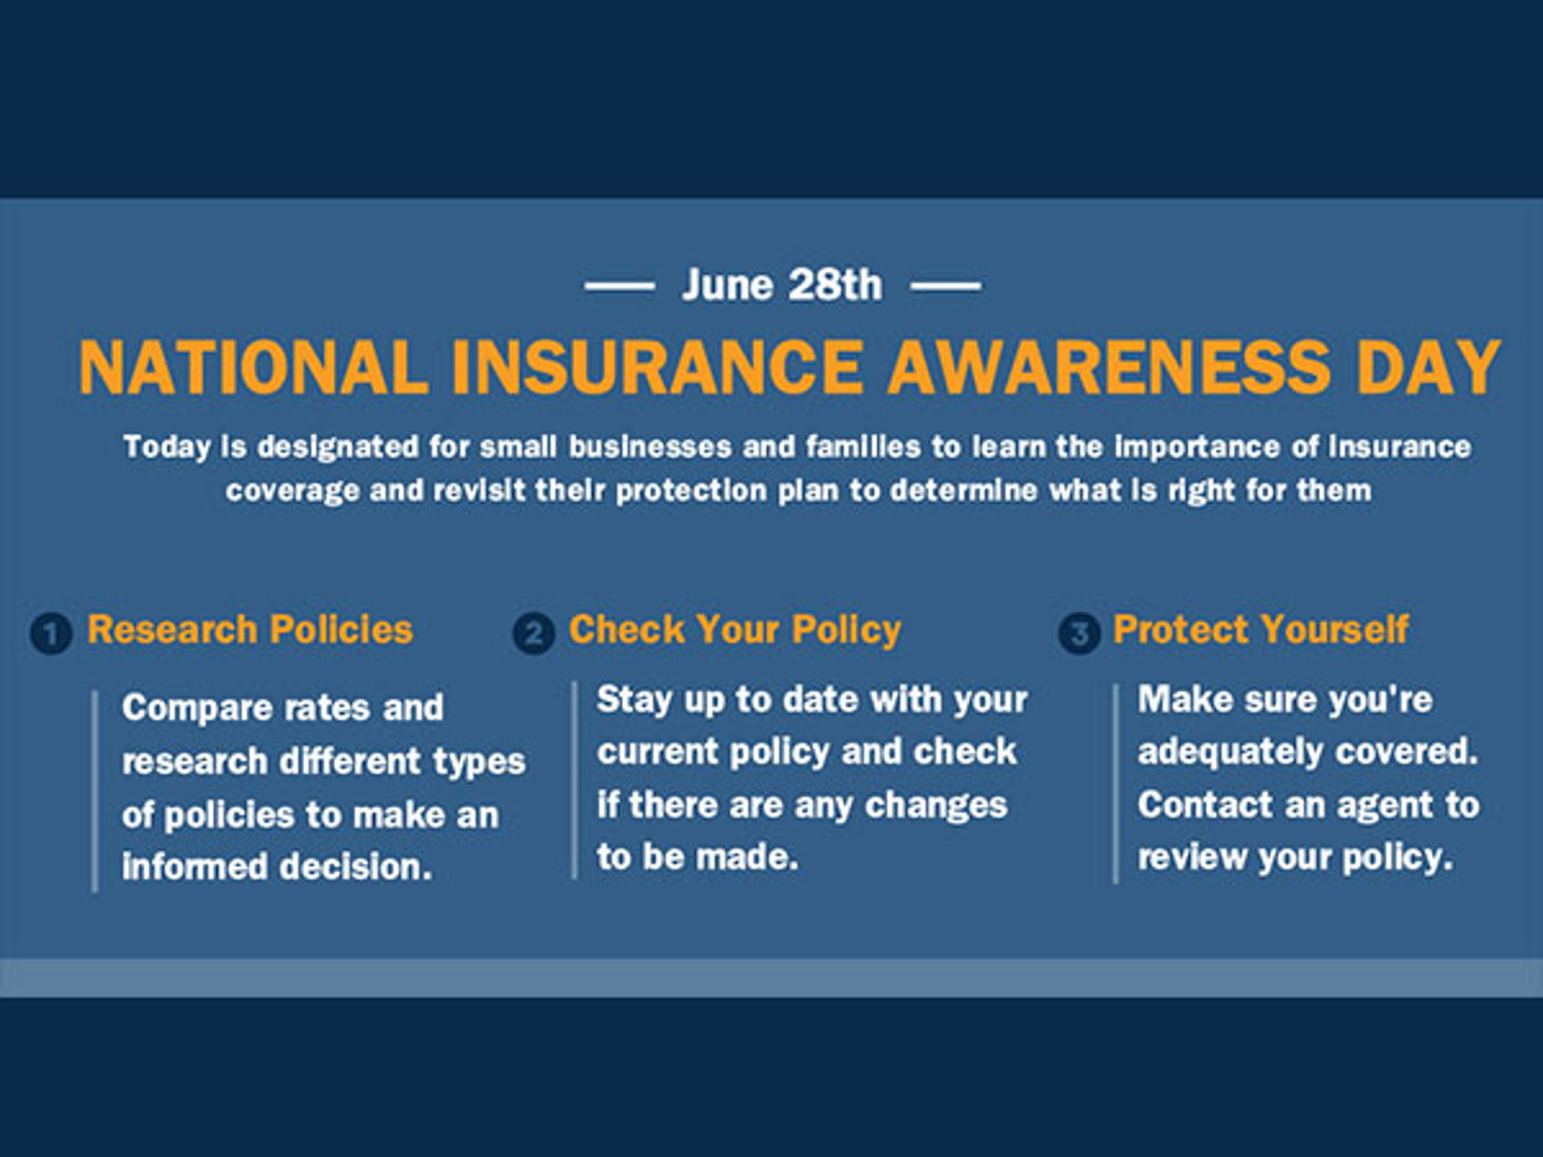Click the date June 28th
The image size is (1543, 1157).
point(782,285)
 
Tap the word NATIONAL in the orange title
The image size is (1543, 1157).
point(254,366)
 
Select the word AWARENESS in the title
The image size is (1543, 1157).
point(1109,366)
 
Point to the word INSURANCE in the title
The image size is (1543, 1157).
point(658,366)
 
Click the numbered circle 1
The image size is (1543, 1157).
point(51,633)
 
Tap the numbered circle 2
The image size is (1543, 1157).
point(534,633)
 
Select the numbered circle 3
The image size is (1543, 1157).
point(1079,633)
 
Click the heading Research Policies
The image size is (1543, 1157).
point(250,630)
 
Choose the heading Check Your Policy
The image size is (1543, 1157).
point(735,631)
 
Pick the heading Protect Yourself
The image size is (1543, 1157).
point(1261,630)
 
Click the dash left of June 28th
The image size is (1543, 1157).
point(619,286)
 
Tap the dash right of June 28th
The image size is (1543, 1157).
point(945,286)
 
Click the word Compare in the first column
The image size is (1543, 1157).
point(198,708)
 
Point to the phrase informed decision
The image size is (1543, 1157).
point(277,866)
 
